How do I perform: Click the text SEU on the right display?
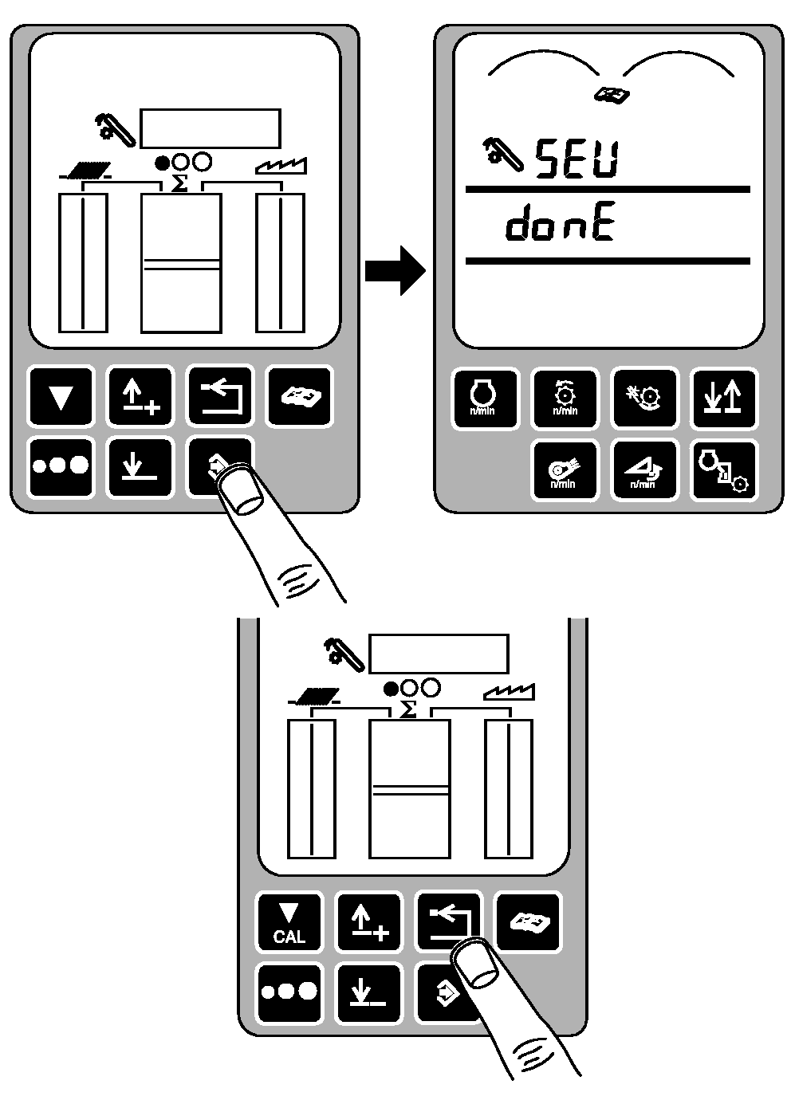click(576, 158)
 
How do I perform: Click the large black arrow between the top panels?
click(395, 269)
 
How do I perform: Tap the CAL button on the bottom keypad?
click(289, 922)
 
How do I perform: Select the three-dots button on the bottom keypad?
click(289, 992)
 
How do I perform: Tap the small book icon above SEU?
click(612, 95)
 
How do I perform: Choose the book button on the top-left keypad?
click(299, 396)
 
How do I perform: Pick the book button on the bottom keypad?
click(527, 922)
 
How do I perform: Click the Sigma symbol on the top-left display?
click(180, 183)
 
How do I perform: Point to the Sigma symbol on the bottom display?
click(407, 709)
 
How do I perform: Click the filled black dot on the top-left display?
click(162, 163)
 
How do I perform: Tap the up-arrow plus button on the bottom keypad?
click(368, 922)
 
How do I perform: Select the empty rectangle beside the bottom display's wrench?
click(438, 653)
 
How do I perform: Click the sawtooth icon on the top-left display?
click(281, 167)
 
